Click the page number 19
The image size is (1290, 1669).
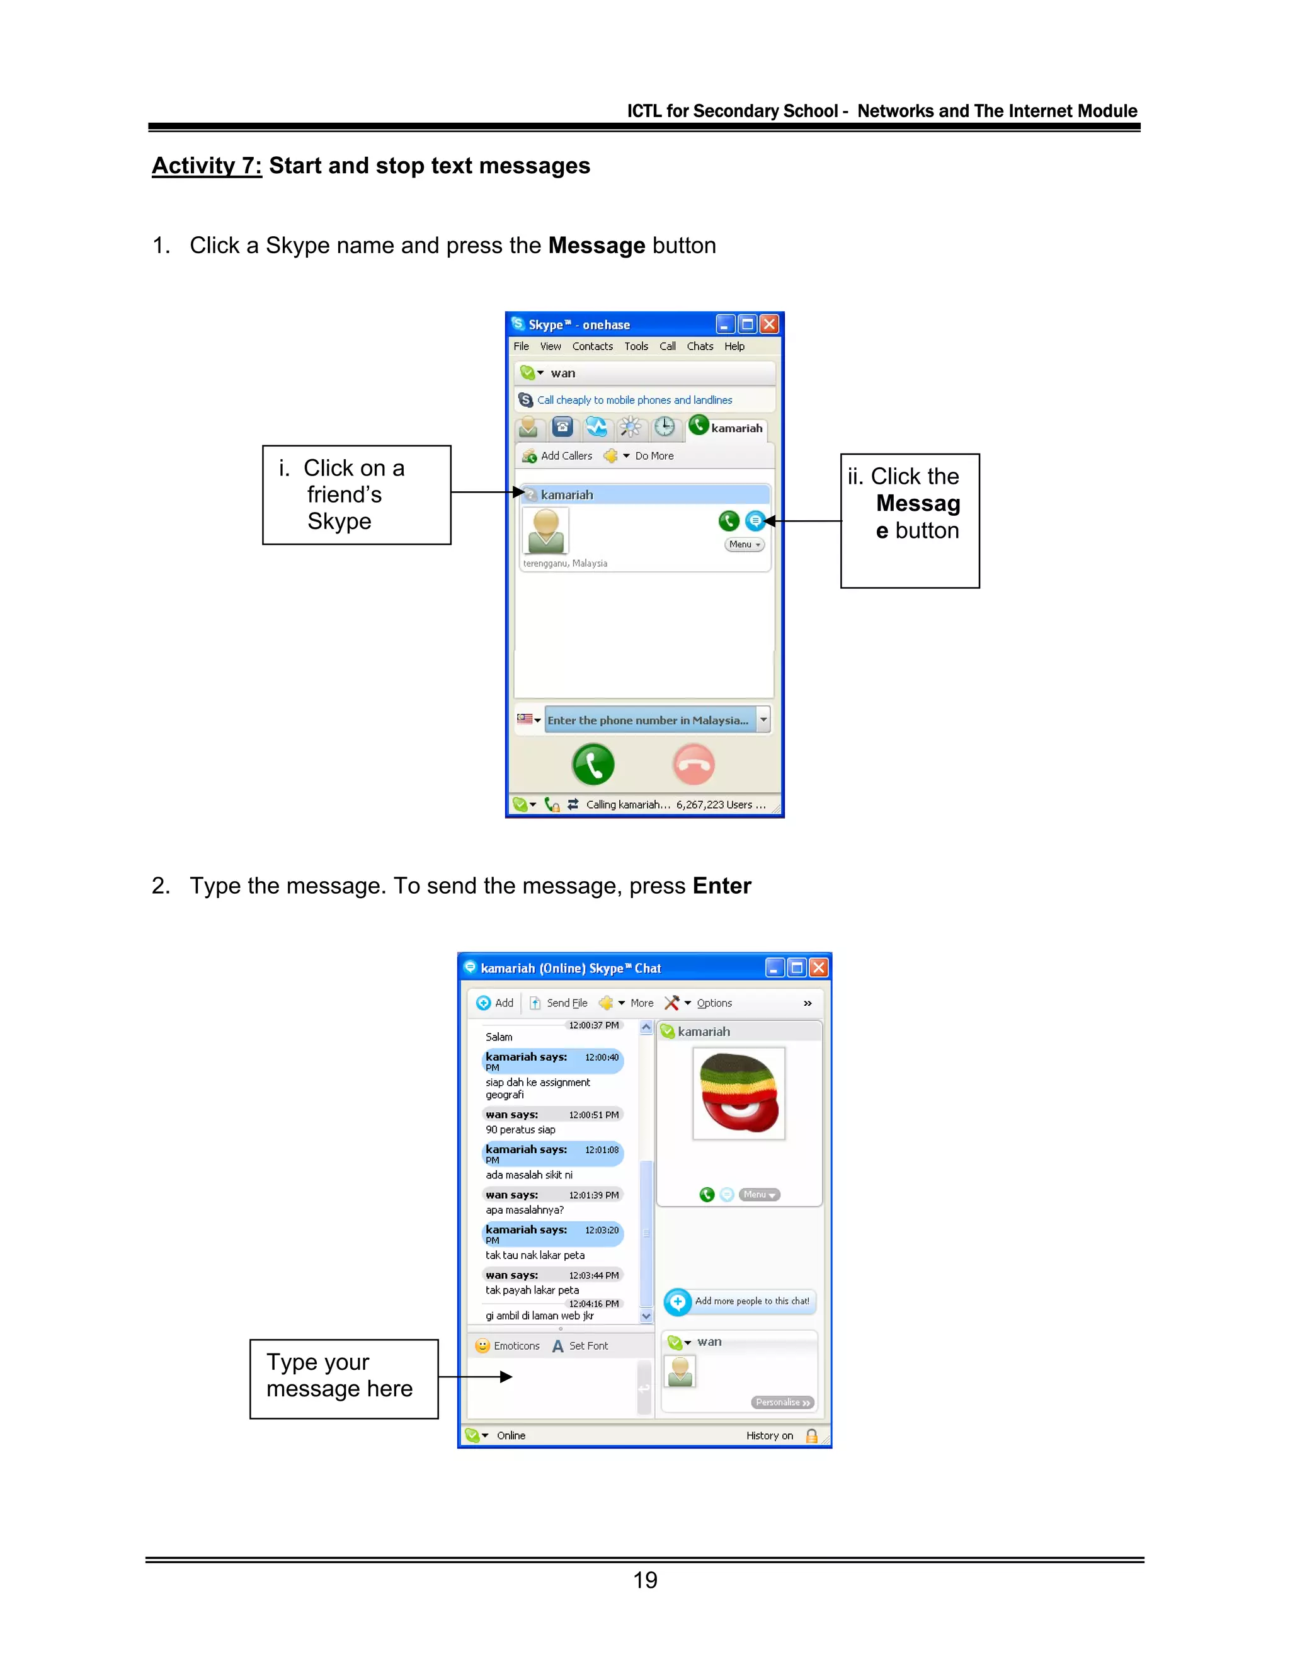[645, 1580]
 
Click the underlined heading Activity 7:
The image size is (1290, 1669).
[207, 166]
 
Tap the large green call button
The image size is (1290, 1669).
[593, 764]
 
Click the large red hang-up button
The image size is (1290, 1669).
[694, 764]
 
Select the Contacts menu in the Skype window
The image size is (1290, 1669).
[592, 346]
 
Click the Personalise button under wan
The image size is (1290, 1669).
[782, 1403]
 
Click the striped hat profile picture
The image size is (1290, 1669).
[738, 1093]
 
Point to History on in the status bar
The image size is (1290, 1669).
[770, 1435]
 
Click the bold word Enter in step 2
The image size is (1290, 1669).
[721, 886]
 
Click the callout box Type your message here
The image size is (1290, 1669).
[344, 1379]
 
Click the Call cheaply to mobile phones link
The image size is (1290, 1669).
[634, 400]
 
